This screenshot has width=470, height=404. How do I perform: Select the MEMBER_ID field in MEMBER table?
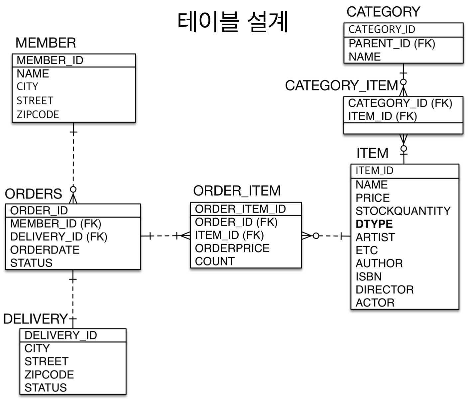(x=50, y=61)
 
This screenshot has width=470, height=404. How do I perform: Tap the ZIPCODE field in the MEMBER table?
(x=38, y=114)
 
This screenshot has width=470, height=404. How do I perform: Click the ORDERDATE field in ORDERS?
(x=45, y=250)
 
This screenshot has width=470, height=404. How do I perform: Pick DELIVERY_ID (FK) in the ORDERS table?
(x=59, y=237)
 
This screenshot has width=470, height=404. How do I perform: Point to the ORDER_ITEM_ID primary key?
(x=240, y=209)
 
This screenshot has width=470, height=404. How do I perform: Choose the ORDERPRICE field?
(x=232, y=248)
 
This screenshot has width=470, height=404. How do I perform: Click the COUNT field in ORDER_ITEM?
(x=215, y=262)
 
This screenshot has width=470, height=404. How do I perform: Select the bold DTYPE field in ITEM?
(x=374, y=224)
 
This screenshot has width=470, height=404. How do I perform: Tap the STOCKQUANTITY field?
(x=403, y=211)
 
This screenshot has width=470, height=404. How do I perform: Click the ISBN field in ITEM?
(x=368, y=277)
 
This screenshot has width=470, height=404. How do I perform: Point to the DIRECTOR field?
(x=385, y=290)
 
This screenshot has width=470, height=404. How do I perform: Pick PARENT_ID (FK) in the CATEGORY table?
(x=392, y=44)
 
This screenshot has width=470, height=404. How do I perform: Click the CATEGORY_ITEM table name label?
(x=341, y=86)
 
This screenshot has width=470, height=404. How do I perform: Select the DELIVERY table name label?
(x=35, y=319)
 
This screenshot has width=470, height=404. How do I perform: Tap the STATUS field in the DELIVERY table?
(x=46, y=388)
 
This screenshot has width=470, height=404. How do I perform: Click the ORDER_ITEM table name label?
(x=237, y=191)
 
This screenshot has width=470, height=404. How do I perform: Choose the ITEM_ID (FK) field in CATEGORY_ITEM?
(x=382, y=116)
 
